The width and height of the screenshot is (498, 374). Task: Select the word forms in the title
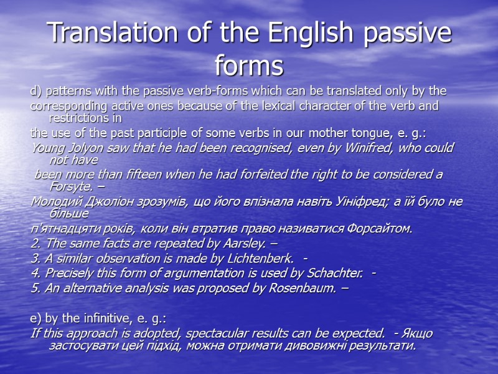tap(248, 64)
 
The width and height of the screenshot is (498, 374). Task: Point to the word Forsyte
tap(68, 186)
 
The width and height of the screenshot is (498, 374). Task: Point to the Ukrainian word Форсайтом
tap(379, 229)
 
